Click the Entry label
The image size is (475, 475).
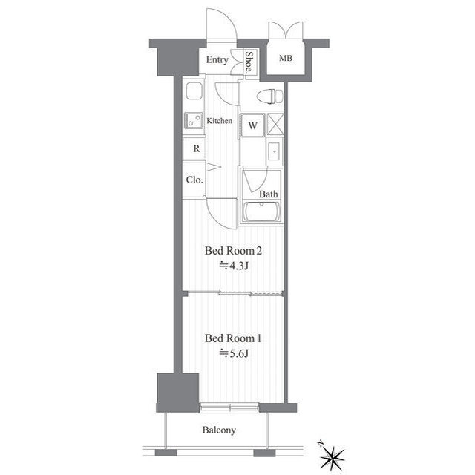(x=217, y=59)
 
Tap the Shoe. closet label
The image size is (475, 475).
(x=249, y=62)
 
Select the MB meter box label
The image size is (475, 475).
(x=285, y=58)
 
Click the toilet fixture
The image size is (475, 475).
(x=269, y=96)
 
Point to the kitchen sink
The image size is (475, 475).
(x=194, y=91)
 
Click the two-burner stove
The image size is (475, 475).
(x=194, y=120)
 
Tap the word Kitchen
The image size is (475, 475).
(x=220, y=121)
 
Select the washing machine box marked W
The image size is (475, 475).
(x=252, y=125)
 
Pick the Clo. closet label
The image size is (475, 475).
(x=194, y=180)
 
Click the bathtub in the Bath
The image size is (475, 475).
(x=262, y=211)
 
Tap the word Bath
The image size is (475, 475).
(x=269, y=194)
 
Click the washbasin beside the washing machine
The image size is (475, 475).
(x=275, y=151)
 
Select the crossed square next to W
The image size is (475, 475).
(x=275, y=125)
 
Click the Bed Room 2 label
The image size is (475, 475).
(x=233, y=251)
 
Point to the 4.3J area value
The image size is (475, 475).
(x=235, y=266)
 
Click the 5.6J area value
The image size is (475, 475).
(x=235, y=353)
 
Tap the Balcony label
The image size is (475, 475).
(x=219, y=430)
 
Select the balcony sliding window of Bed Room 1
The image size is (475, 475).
(x=229, y=407)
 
